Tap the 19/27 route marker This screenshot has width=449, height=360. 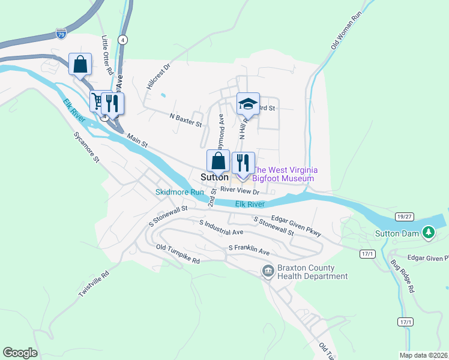pos(404,216)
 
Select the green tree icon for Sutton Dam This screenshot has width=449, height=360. pos(428,232)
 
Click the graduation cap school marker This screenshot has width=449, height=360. pos(247,104)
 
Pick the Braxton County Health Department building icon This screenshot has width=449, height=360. pos(268,272)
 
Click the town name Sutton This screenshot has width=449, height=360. pos(214,178)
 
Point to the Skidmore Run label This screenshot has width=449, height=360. pos(180,192)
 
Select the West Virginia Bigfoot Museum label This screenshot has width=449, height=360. pos(284,174)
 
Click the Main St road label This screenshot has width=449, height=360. pos(137,142)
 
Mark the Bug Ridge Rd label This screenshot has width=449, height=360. pos(402,276)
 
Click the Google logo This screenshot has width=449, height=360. pos(20,353)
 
